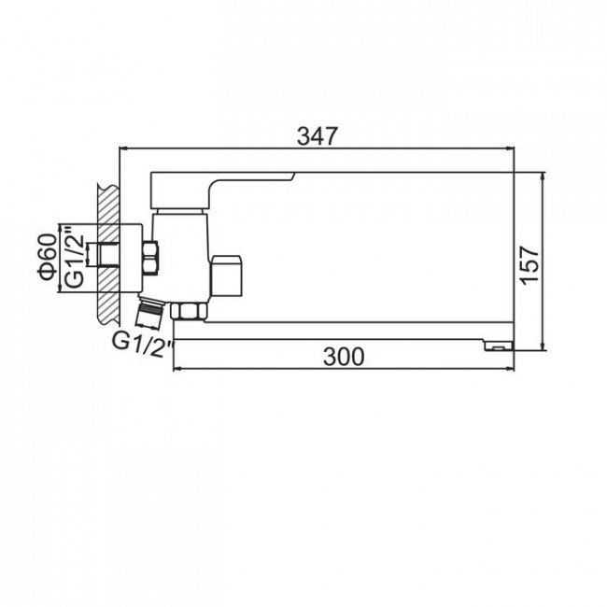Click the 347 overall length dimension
(318, 136)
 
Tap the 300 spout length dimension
(344, 357)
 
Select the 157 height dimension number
(530, 265)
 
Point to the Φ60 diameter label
(48, 257)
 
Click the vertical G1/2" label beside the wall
(74, 257)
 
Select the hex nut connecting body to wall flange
(150, 258)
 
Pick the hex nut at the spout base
(189, 312)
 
